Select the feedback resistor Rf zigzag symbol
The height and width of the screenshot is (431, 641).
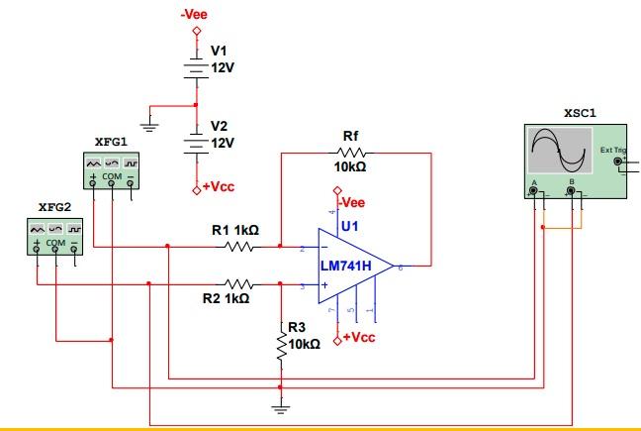coord(351,154)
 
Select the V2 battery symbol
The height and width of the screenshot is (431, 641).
coord(196,141)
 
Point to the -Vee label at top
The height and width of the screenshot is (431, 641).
coord(194,15)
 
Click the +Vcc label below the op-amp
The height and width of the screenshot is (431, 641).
coord(359,338)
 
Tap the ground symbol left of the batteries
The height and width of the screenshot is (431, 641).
coord(149,125)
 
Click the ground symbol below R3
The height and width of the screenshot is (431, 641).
coord(281,406)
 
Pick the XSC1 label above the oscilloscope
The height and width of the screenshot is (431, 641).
coord(579,113)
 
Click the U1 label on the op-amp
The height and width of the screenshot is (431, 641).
coord(349,227)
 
